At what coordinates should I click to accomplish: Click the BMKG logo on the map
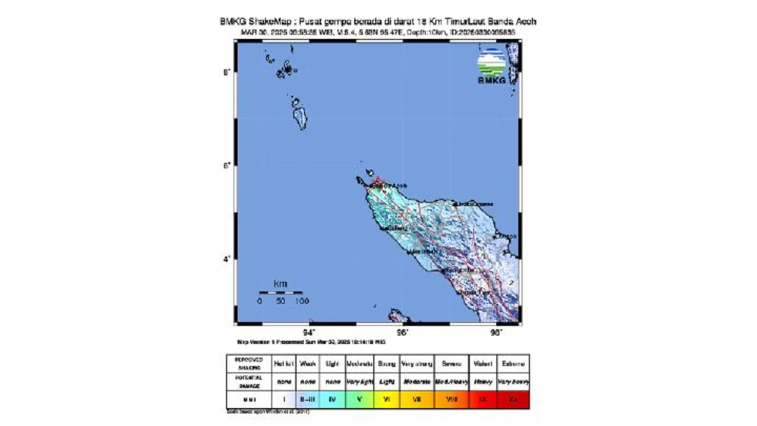(x=492, y=67)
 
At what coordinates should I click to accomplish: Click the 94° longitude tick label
(x=309, y=333)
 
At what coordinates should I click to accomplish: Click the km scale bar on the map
(x=281, y=293)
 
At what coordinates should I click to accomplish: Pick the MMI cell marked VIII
(x=451, y=399)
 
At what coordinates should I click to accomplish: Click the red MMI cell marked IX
(x=483, y=399)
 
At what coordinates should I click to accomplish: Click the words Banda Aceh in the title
(x=513, y=21)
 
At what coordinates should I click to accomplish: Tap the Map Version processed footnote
(x=311, y=341)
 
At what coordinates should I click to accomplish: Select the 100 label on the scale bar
(x=302, y=302)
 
